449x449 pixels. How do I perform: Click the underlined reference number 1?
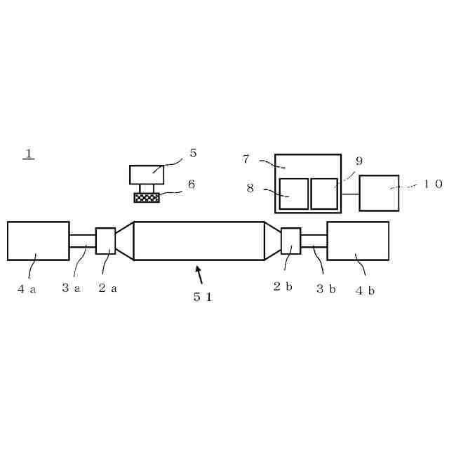[x=29, y=154]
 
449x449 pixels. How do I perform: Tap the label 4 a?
[x=27, y=289]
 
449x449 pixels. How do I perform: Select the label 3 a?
[x=71, y=288]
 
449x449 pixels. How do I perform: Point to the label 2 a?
[x=107, y=288]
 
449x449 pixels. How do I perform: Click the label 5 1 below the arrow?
[x=203, y=297]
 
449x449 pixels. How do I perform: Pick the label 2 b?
[x=283, y=286]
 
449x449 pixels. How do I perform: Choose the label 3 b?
[x=326, y=288]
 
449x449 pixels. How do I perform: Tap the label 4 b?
[x=365, y=290]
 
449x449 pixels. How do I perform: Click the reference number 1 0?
[x=433, y=184]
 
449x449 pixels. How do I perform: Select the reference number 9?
[x=359, y=161]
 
